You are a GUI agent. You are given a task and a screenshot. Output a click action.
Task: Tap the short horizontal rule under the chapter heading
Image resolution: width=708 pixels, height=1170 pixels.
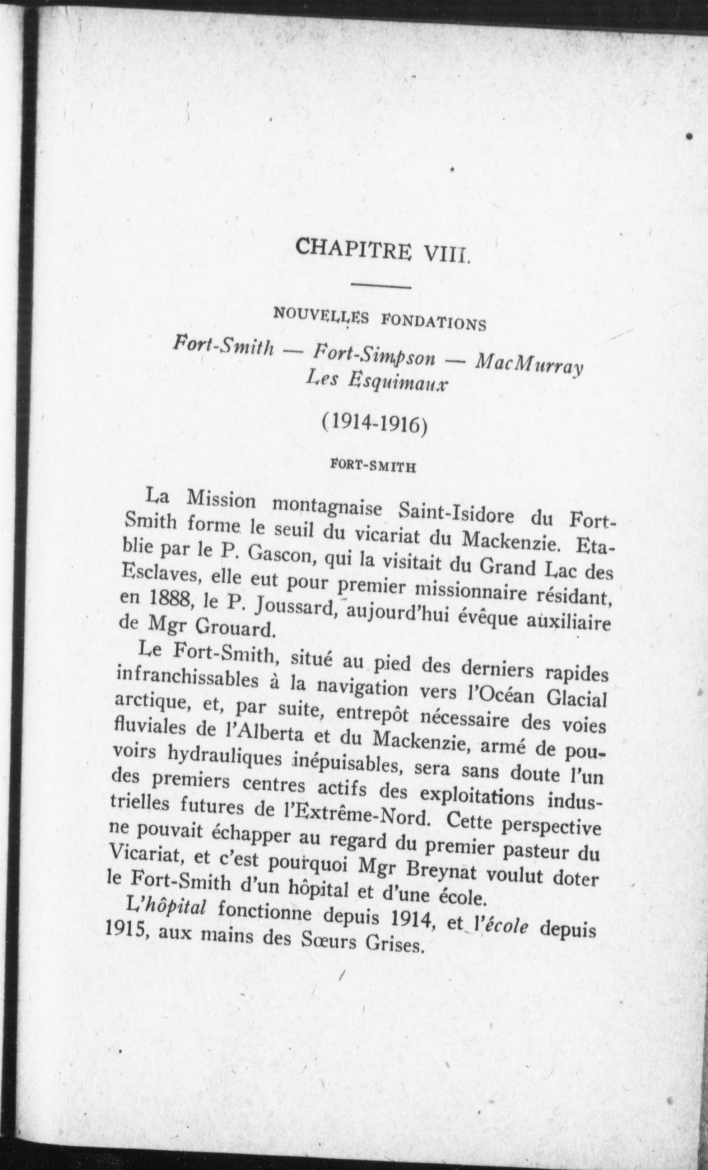[x=381, y=286]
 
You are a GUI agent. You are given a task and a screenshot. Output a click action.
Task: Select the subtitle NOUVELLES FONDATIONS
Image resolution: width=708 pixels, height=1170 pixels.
[x=380, y=318]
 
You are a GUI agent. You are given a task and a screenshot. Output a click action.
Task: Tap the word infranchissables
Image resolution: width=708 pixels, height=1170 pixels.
[x=187, y=676]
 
